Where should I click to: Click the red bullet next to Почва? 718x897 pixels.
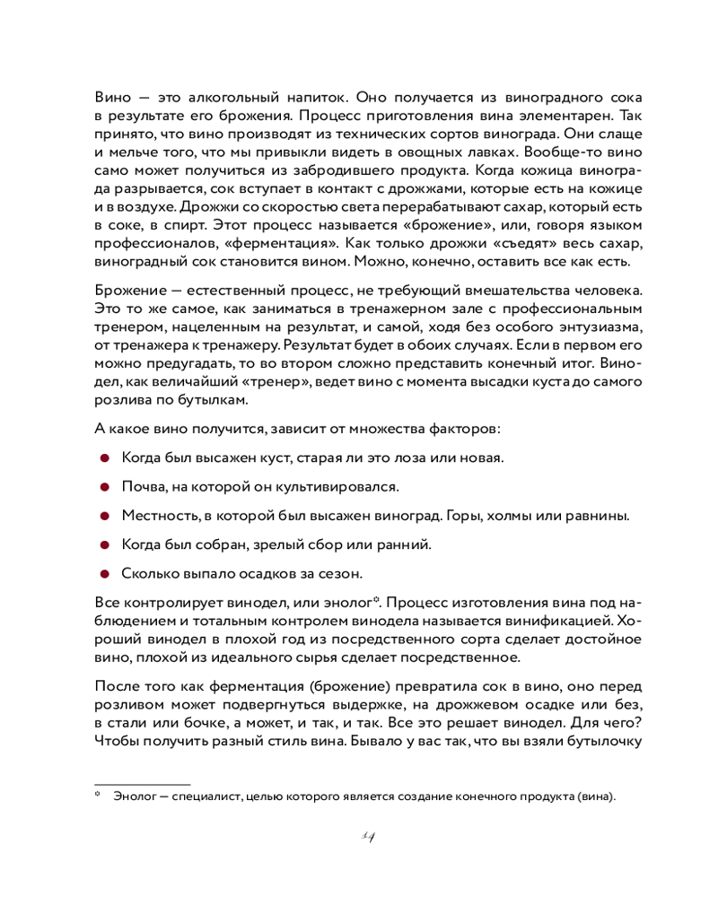pos(105,486)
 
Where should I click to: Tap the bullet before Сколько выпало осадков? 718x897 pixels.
pos(105,573)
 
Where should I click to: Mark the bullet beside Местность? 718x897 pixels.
pos(105,516)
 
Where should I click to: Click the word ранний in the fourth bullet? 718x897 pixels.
pos(407,544)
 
